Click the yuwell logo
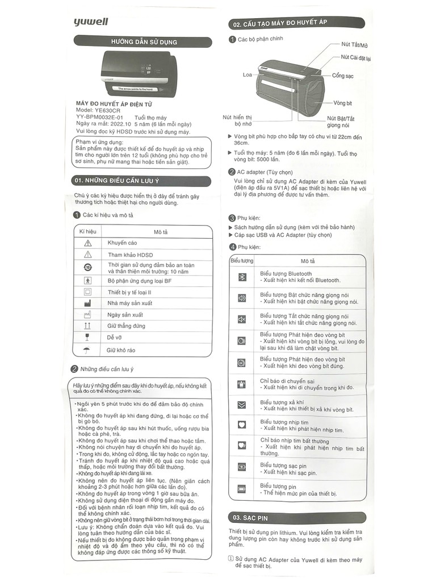[x=90, y=22]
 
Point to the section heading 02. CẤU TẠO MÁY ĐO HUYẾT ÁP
[x=278, y=24]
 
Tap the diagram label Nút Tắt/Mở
[x=354, y=44]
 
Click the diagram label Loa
[x=247, y=74]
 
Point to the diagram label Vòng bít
[x=343, y=103]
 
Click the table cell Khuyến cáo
[x=122, y=243]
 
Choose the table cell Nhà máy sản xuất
[x=129, y=303]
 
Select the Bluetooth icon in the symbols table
[x=241, y=277]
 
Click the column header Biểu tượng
[x=241, y=261]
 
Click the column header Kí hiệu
[x=88, y=232]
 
